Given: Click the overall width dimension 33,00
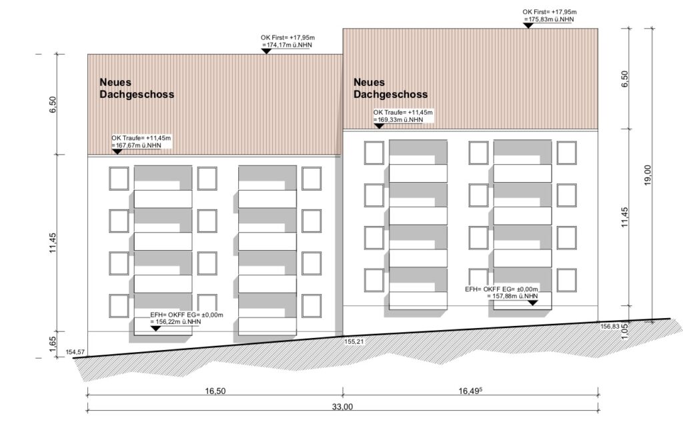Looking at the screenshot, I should tap(342, 407).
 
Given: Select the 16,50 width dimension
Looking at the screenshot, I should tap(215, 391).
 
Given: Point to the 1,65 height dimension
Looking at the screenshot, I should tap(53, 344).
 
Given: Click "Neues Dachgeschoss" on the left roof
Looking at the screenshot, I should tap(137, 88).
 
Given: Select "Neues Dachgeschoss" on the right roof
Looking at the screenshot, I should tap(391, 88).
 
